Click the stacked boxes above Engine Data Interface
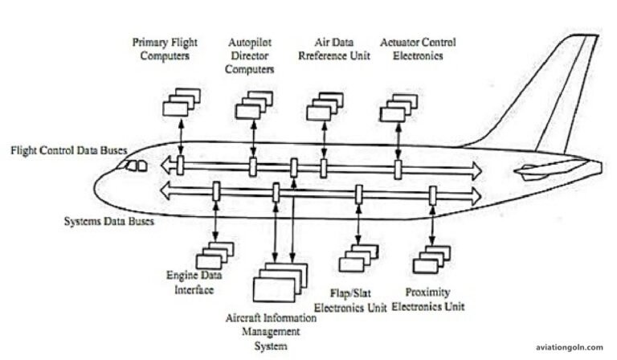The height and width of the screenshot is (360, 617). (x=214, y=255)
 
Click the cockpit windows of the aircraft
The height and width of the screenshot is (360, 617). (x=133, y=166)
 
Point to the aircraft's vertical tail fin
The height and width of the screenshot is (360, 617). (x=562, y=96)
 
